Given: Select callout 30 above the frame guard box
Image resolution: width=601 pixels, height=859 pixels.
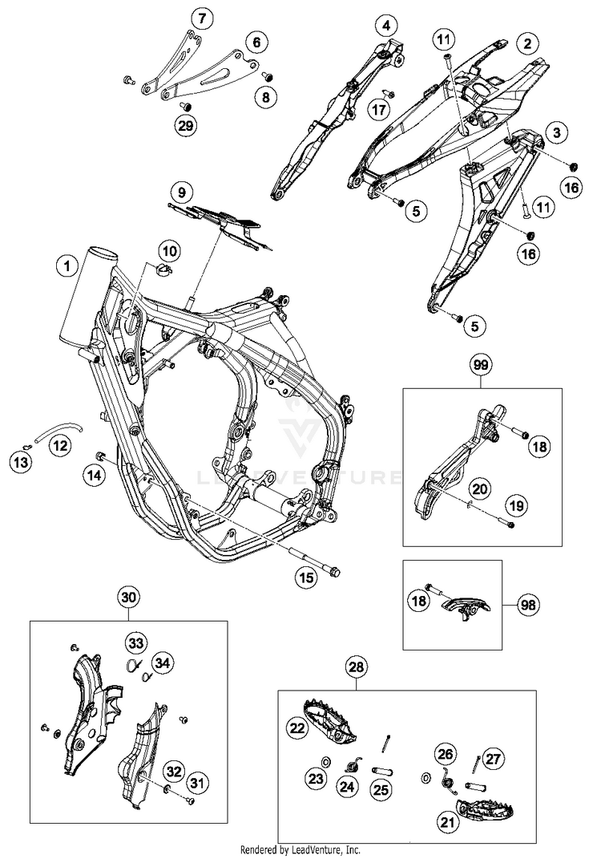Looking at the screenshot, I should (129, 597).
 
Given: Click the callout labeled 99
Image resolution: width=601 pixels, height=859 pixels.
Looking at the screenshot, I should (480, 365).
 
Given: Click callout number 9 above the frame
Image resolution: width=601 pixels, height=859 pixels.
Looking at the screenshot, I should (182, 192).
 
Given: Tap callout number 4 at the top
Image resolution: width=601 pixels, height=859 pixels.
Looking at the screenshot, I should (387, 26).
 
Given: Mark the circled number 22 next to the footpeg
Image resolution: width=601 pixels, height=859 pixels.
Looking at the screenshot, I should (296, 727).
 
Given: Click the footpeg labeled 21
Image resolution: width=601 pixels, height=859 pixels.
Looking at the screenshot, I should (481, 811).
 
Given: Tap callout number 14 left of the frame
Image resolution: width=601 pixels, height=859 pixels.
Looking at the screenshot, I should (95, 476).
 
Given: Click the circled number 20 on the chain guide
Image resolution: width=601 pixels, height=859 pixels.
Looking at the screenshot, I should (479, 488).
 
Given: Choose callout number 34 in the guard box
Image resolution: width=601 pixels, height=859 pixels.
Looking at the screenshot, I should (163, 662).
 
